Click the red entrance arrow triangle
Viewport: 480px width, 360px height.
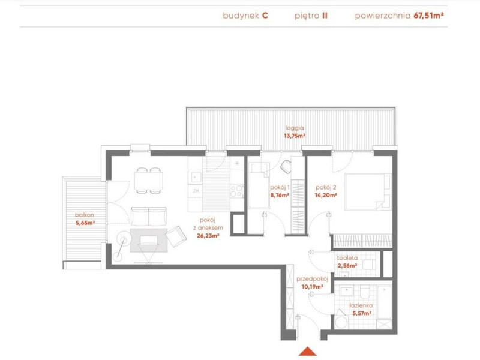(x=308, y=351)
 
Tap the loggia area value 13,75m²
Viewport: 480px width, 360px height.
(x=295, y=136)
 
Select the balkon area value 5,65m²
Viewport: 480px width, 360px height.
(x=85, y=223)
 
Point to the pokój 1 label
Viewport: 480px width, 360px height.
(x=280, y=187)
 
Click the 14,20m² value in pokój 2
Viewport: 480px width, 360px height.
(x=326, y=195)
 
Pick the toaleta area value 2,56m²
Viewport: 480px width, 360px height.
(x=347, y=265)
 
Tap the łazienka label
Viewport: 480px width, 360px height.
(x=361, y=305)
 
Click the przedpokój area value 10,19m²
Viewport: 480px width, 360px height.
(x=313, y=287)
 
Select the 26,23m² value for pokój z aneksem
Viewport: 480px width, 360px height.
(x=208, y=236)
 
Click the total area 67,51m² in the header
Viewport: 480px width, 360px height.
(x=428, y=16)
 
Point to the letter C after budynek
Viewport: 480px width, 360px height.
(x=265, y=16)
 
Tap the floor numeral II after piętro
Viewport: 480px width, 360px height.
(x=325, y=16)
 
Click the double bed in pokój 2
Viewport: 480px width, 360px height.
(x=368, y=192)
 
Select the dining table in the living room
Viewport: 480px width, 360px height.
(x=148, y=181)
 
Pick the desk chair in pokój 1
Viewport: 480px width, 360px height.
(x=286, y=166)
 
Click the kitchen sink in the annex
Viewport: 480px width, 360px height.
(x=195, y=176)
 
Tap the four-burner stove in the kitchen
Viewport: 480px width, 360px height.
(x=237, y=191)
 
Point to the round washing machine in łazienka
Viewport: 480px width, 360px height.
(x=341, y=323)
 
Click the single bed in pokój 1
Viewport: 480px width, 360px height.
(x=259, y=186)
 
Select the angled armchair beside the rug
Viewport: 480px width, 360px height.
(x=176, y=236)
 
